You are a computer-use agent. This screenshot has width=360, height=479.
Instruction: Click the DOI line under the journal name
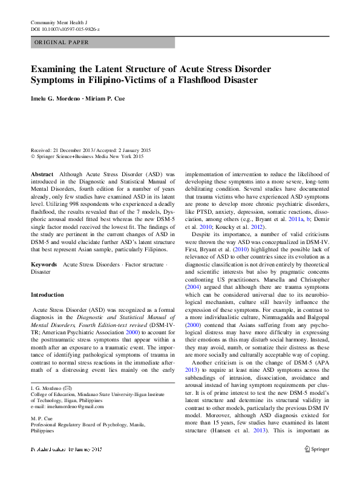click(65, 28)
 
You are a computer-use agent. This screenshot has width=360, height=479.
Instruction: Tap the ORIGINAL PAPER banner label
click(62, 42)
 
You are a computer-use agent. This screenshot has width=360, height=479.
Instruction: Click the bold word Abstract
click(42, 173)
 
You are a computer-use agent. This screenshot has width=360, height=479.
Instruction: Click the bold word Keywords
click(44, 265)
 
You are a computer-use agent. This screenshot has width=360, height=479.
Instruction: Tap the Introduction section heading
click(47, 295)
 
